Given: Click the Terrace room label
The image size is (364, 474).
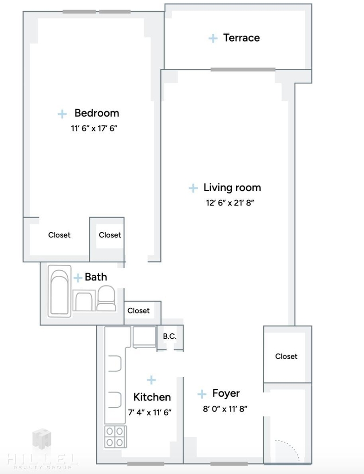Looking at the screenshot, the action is coord(241,38).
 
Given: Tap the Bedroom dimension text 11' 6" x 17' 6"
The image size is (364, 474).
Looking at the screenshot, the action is coord(94,129).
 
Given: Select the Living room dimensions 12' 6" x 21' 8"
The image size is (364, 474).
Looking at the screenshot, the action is coord(230,203).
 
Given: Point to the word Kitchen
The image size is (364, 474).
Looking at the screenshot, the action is coord(152,397).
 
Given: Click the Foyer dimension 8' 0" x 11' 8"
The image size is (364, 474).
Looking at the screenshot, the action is coord(225,409).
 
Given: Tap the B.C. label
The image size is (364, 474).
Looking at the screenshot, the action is coord(169,337).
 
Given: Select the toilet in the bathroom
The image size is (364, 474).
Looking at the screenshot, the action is coord(106,299).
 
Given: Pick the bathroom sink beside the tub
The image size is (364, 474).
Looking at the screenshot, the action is coord(84,300).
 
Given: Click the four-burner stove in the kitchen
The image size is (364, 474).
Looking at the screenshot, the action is coord(116,437).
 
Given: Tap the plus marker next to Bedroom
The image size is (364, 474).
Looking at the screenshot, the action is coord(62,114).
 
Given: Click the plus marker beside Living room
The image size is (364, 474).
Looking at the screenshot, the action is coord(193,188).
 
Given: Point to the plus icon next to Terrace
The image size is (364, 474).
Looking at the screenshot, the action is coord(213,38).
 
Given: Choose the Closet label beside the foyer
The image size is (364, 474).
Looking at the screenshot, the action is coord(286,356).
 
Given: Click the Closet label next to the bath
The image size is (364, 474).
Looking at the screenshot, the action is coord(138,311).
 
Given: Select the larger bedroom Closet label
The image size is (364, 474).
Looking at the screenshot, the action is coord(59,235).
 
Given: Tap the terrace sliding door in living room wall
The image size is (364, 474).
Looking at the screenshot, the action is coord(243,69).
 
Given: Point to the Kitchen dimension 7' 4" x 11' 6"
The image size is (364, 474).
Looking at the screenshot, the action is coord(150,412).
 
